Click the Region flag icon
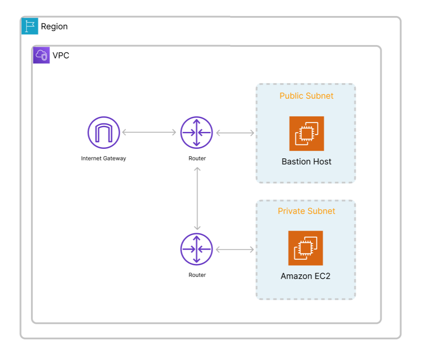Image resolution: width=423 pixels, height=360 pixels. point(30,26)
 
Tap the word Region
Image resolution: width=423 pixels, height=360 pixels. point(54,26)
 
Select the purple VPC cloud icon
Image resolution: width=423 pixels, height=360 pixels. point(42,55)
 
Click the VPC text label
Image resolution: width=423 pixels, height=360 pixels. point(61,55)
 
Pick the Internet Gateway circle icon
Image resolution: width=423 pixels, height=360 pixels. point(103,132)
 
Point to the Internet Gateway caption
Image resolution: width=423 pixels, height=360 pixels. point(103,158)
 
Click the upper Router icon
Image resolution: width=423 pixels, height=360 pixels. point(197,132)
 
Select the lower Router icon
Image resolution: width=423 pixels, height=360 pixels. point(197,249)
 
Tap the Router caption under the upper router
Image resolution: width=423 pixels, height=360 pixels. point(197,158)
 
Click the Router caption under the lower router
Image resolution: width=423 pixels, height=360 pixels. point(197,275)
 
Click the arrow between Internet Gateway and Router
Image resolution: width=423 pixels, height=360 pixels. point(149,132)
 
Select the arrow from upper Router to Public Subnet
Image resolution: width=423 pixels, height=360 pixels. point(235,133)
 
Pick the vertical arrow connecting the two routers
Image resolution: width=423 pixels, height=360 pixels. point(197,198)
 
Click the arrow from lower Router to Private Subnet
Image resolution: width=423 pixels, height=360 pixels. point(235,249)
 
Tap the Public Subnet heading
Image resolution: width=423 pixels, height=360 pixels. point(306,96)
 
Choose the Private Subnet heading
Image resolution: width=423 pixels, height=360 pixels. point(306,211)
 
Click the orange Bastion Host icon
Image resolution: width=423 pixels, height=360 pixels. point(306,133)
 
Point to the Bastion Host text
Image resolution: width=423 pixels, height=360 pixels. point(306,161)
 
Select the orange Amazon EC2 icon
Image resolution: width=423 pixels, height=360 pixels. point(305,248)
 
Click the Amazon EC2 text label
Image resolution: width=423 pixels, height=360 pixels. point(305,276)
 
